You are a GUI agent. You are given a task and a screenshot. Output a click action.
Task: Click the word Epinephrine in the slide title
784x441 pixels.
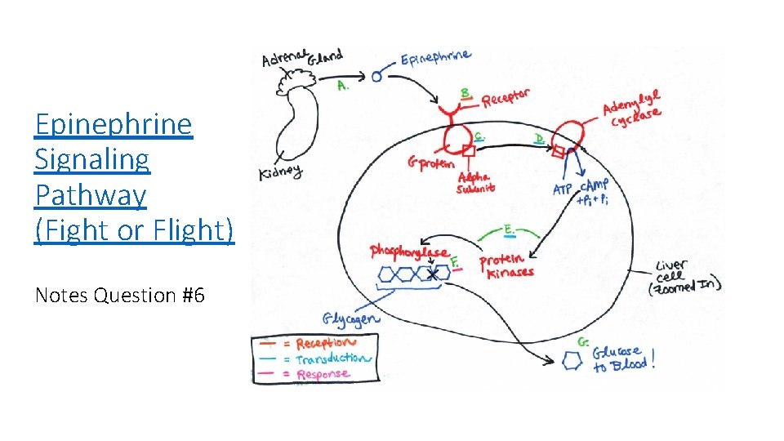(114, 124)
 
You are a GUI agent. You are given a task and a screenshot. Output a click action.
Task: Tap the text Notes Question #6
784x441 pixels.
(119, 295)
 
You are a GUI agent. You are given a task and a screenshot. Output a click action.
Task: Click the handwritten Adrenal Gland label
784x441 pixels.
(301, 59)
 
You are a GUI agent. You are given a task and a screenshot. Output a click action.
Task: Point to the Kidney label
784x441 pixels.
(280, 173)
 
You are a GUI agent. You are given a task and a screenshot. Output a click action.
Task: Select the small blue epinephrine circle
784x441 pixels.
(376, 77)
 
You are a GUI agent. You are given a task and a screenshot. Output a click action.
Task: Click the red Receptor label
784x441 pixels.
(506, 99)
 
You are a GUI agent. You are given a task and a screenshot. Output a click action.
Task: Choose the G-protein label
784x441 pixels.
(429, 163)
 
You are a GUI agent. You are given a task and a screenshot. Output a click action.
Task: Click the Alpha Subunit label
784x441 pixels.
(474, 182)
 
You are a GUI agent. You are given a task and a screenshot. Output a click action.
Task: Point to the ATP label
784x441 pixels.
(563, 189)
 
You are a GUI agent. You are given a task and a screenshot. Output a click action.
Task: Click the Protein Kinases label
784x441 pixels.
(506, 266)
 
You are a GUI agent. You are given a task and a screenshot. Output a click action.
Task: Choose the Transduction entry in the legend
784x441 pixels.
(332, 359)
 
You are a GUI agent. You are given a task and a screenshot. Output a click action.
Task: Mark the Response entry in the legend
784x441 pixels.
(323, 374)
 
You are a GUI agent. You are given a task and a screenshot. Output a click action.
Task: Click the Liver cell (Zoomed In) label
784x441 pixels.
(684, 278)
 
